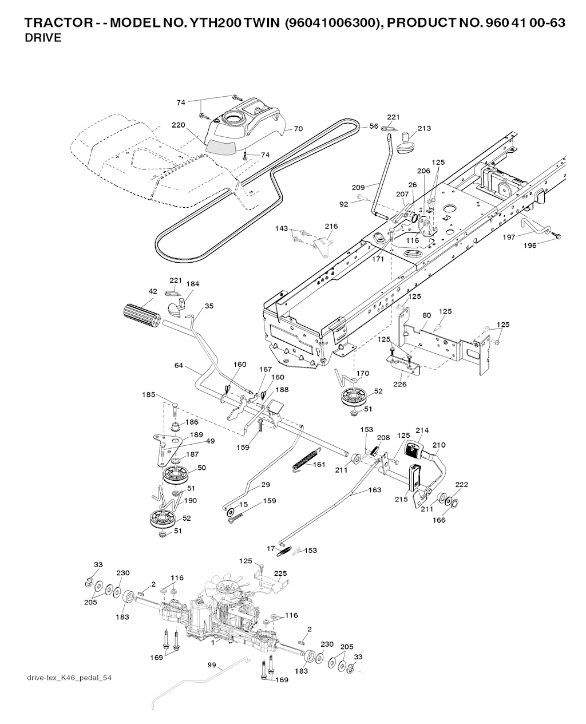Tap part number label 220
pyautogui.click(x=178, y=125)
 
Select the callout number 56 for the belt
pyautogui.click(x=374, y=126)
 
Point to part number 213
pyautogui.click(x=424, y=129)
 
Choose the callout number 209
pyautogui.click(x=358, y=187)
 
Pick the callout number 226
pyautogui.click(x=399, y=384)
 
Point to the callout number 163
pyautogui.click(x=374, y=490)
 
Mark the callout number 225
pyautogui.click(x=280, y=573)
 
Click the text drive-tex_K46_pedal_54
pyautogui.click(x=69, y=678)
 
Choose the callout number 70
pyautogui.click(x=298, y=129)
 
